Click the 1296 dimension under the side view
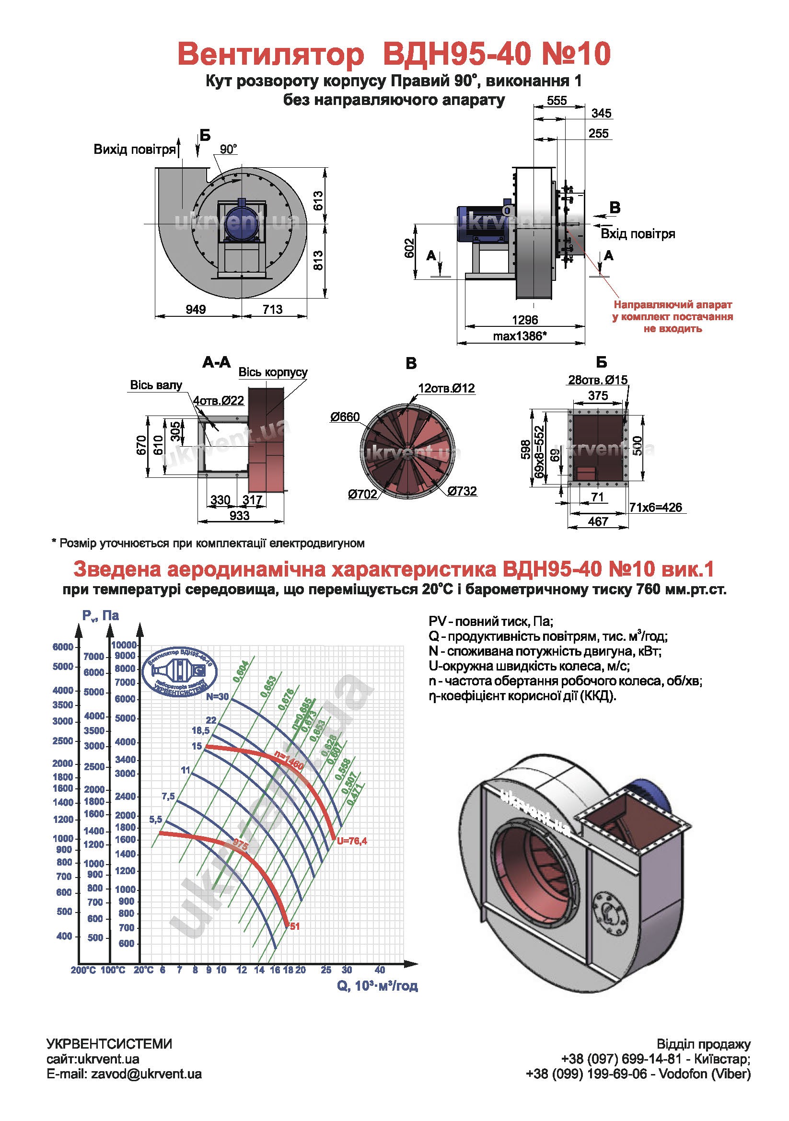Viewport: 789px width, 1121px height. [x=524, y=320]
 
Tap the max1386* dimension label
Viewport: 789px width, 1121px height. [x=520, y=336]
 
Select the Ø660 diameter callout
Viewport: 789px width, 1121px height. [x=345, y=417]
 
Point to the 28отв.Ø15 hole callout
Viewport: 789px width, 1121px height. [x=597, y=380]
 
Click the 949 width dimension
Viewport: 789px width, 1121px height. [x=195, y=310]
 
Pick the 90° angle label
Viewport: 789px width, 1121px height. [x=228, y=150]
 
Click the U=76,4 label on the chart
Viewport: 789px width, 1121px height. [x=351, y=841]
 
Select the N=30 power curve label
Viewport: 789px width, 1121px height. [x=217, y=697]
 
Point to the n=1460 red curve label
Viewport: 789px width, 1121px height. [x=289, y=761]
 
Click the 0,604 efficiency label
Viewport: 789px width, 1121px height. [x=241, y=671]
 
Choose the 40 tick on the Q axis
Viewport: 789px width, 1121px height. [x=379, y=970]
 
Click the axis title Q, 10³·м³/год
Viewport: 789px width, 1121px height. [x=377, y=986]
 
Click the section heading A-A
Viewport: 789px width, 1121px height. [x=216, y=362]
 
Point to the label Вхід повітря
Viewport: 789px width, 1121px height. [x=637, y=234]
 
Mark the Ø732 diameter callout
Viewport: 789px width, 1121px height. [x=462, y=491]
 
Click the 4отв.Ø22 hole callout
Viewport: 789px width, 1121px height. [x=218, y=401]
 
